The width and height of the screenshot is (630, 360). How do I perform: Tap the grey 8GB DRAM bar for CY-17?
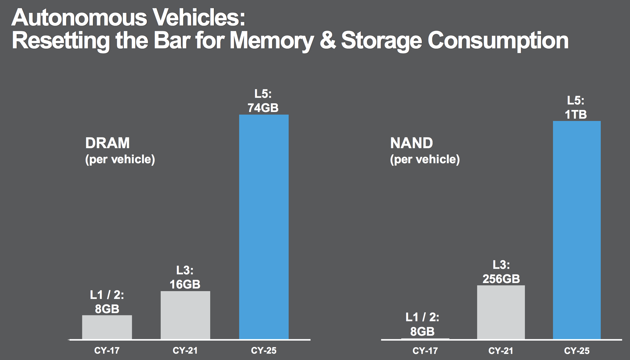107,327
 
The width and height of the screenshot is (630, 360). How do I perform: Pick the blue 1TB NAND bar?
577,230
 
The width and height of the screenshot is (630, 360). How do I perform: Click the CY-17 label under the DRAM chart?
107,351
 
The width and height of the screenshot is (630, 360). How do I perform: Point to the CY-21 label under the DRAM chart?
185,351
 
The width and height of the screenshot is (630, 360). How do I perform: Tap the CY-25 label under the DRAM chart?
263,351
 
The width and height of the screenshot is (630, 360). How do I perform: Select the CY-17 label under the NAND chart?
425,351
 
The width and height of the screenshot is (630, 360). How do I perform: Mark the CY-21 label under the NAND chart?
501,351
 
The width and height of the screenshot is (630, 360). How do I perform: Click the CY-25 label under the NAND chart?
576,351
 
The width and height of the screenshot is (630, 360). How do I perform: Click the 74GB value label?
263,108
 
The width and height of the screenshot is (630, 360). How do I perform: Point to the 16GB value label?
185,284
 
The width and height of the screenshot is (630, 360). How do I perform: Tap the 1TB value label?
576,115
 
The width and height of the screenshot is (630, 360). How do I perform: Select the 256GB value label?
501,279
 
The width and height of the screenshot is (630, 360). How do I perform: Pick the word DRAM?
107,143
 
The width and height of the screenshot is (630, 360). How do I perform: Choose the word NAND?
411,143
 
